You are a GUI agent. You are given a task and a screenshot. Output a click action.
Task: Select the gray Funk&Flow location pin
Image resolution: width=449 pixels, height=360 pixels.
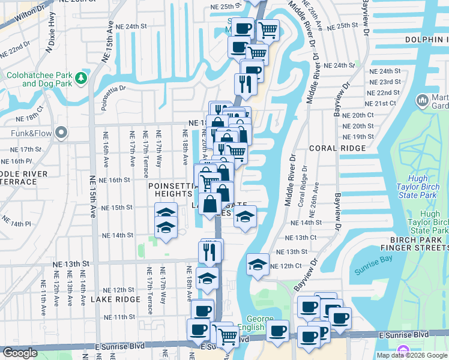point(61,132)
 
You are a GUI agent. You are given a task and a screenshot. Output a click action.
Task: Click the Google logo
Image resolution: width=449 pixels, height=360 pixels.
point(20,352)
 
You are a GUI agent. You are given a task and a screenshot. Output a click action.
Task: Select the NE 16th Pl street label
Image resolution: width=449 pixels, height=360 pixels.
point(16,161)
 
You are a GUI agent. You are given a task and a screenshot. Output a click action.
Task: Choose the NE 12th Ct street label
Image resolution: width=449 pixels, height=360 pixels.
point(285,266)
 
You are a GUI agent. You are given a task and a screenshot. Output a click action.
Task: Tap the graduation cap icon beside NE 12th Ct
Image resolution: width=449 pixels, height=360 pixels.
point(258,264)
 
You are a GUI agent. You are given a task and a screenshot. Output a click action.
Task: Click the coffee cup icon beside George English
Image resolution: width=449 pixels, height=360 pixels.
point(277,331)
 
